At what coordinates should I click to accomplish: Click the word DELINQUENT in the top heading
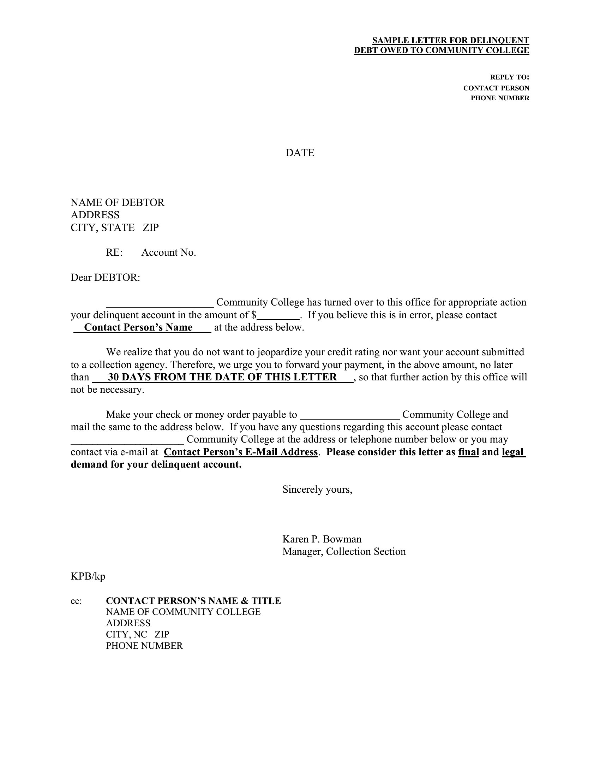(503, 40)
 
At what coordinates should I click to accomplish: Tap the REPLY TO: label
(509, 77)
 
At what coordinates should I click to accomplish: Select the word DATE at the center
(300, 153)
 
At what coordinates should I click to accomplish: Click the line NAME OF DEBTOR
(117, 202)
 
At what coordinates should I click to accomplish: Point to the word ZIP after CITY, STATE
(151, 227)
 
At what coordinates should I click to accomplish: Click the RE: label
(114, 252)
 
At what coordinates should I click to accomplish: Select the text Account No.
(168, 252)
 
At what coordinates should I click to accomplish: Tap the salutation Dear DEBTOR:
(105, 277)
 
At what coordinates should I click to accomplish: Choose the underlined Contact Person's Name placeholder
(138, 327)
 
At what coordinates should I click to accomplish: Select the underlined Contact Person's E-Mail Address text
(241, 452)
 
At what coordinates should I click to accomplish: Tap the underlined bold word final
(468, 452)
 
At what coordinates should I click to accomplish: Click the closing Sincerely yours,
(317, 489)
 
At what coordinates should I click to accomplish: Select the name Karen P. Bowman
(322, 539)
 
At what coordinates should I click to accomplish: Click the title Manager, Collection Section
(344, 551)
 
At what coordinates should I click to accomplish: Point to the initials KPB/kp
(88, 576)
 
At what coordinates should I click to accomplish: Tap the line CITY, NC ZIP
(138, 634)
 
